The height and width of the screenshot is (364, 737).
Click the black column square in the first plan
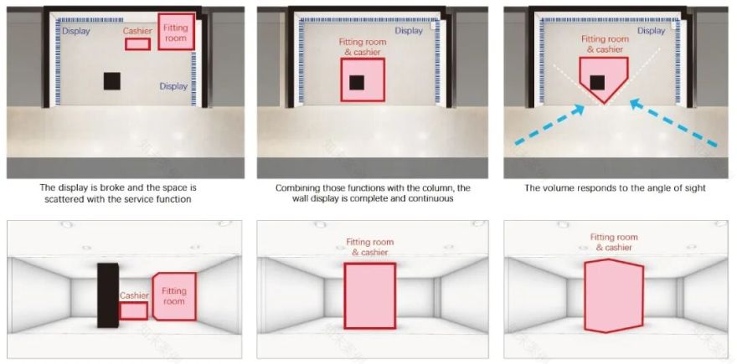pyautogui.click(x=112, y=81)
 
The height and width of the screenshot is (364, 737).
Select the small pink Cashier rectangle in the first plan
pyautogui.click(x=137, y=44)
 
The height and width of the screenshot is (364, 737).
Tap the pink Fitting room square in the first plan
pyautogui.click(x=176, y=32)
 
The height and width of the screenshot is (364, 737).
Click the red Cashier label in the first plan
pyautogui.click(x=137, y=32)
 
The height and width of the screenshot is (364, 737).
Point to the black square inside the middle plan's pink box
pyautogui.click(x=357, y=82)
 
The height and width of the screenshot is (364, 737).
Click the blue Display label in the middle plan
pyautogui.click(x=409, y=30)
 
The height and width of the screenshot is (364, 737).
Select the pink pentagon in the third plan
pyautogui.click(x=604, y=78)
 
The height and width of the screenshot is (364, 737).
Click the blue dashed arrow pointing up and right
pyautogui.click(x=549, y=125)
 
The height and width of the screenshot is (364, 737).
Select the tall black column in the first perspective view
pyautogui.click(x=108, y=295)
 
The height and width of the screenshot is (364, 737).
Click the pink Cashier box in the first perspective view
pyautogui.click(x=133, y=311)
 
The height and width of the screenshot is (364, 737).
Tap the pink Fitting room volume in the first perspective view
pyautogui.click(x=174, y=296)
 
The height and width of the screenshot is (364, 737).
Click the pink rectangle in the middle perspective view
pyautogui.click(x=370, y=295)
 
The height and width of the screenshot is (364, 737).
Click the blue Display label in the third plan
pyautogui.click(x=652, y=30)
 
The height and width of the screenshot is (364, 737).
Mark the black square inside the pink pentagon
pyautogui.click(x=597, y=82)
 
